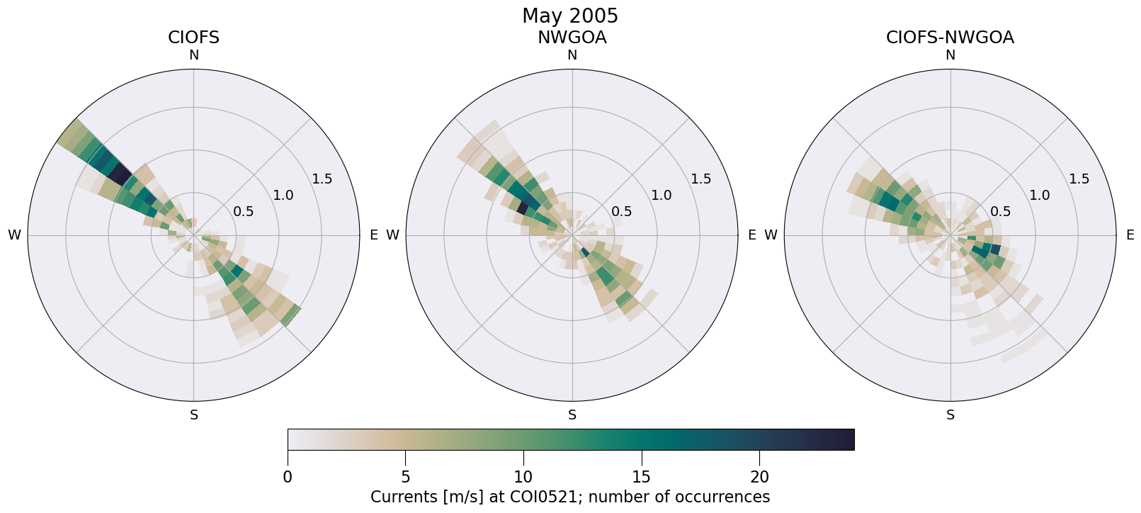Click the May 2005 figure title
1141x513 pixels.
tap(569, 16)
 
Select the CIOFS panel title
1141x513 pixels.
tap(193, 38)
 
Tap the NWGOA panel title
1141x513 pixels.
tap(572, 38)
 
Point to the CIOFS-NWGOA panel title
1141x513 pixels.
tap(950, 38)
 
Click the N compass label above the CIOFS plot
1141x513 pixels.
tap(193, 55)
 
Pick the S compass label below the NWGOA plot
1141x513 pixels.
tap(572, 415)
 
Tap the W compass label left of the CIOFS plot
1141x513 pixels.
tap(14, 235)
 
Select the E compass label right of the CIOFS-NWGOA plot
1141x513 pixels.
tap(1130, 235)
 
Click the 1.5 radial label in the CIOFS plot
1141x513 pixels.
tap(322, 179)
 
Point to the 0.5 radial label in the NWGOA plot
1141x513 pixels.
tap(622, 211)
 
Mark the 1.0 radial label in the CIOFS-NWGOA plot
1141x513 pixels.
tap(1040, 195)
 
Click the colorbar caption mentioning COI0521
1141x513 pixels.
tap(569, 497)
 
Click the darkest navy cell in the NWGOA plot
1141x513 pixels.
tap(523, 208)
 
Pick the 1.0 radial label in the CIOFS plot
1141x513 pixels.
tap(283, 195)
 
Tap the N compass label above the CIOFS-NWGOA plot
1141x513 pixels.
tap(950, 55)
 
